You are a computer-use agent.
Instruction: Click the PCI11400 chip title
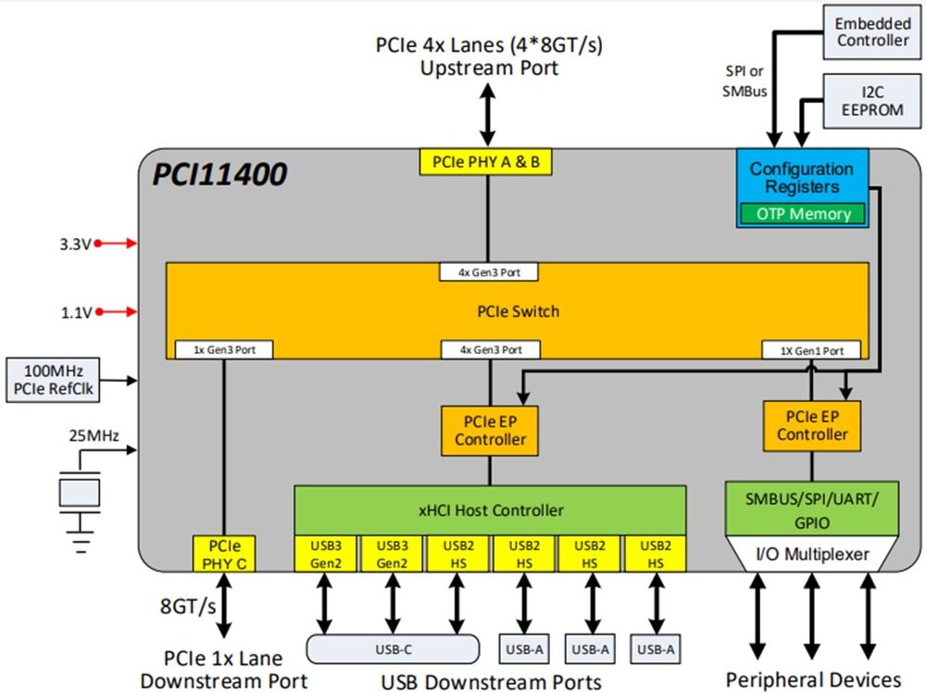(x=221, y=172)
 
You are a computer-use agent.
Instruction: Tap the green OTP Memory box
(x=802, y=214)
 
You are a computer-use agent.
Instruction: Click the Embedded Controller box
(x=872, y=31)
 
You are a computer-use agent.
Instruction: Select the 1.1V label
(x=75, y=312)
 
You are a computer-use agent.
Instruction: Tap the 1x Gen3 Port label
(x=222, y=350)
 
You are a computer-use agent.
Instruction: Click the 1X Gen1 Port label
(x=810, y=350)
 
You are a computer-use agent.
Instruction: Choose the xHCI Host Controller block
(x=490, y=510)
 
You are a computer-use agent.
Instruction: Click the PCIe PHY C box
(x=222, y=552)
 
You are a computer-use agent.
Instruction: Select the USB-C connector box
(x=394, y=649)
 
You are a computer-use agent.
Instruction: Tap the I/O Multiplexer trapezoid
(x=811, y=555)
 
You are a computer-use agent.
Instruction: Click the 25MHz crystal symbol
(x=80, y=492)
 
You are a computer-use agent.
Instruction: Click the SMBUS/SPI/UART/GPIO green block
(x=811, y=510)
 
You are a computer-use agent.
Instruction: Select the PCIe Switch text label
(x=517, y=311)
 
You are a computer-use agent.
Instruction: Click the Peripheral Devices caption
(x=812, y=680)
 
